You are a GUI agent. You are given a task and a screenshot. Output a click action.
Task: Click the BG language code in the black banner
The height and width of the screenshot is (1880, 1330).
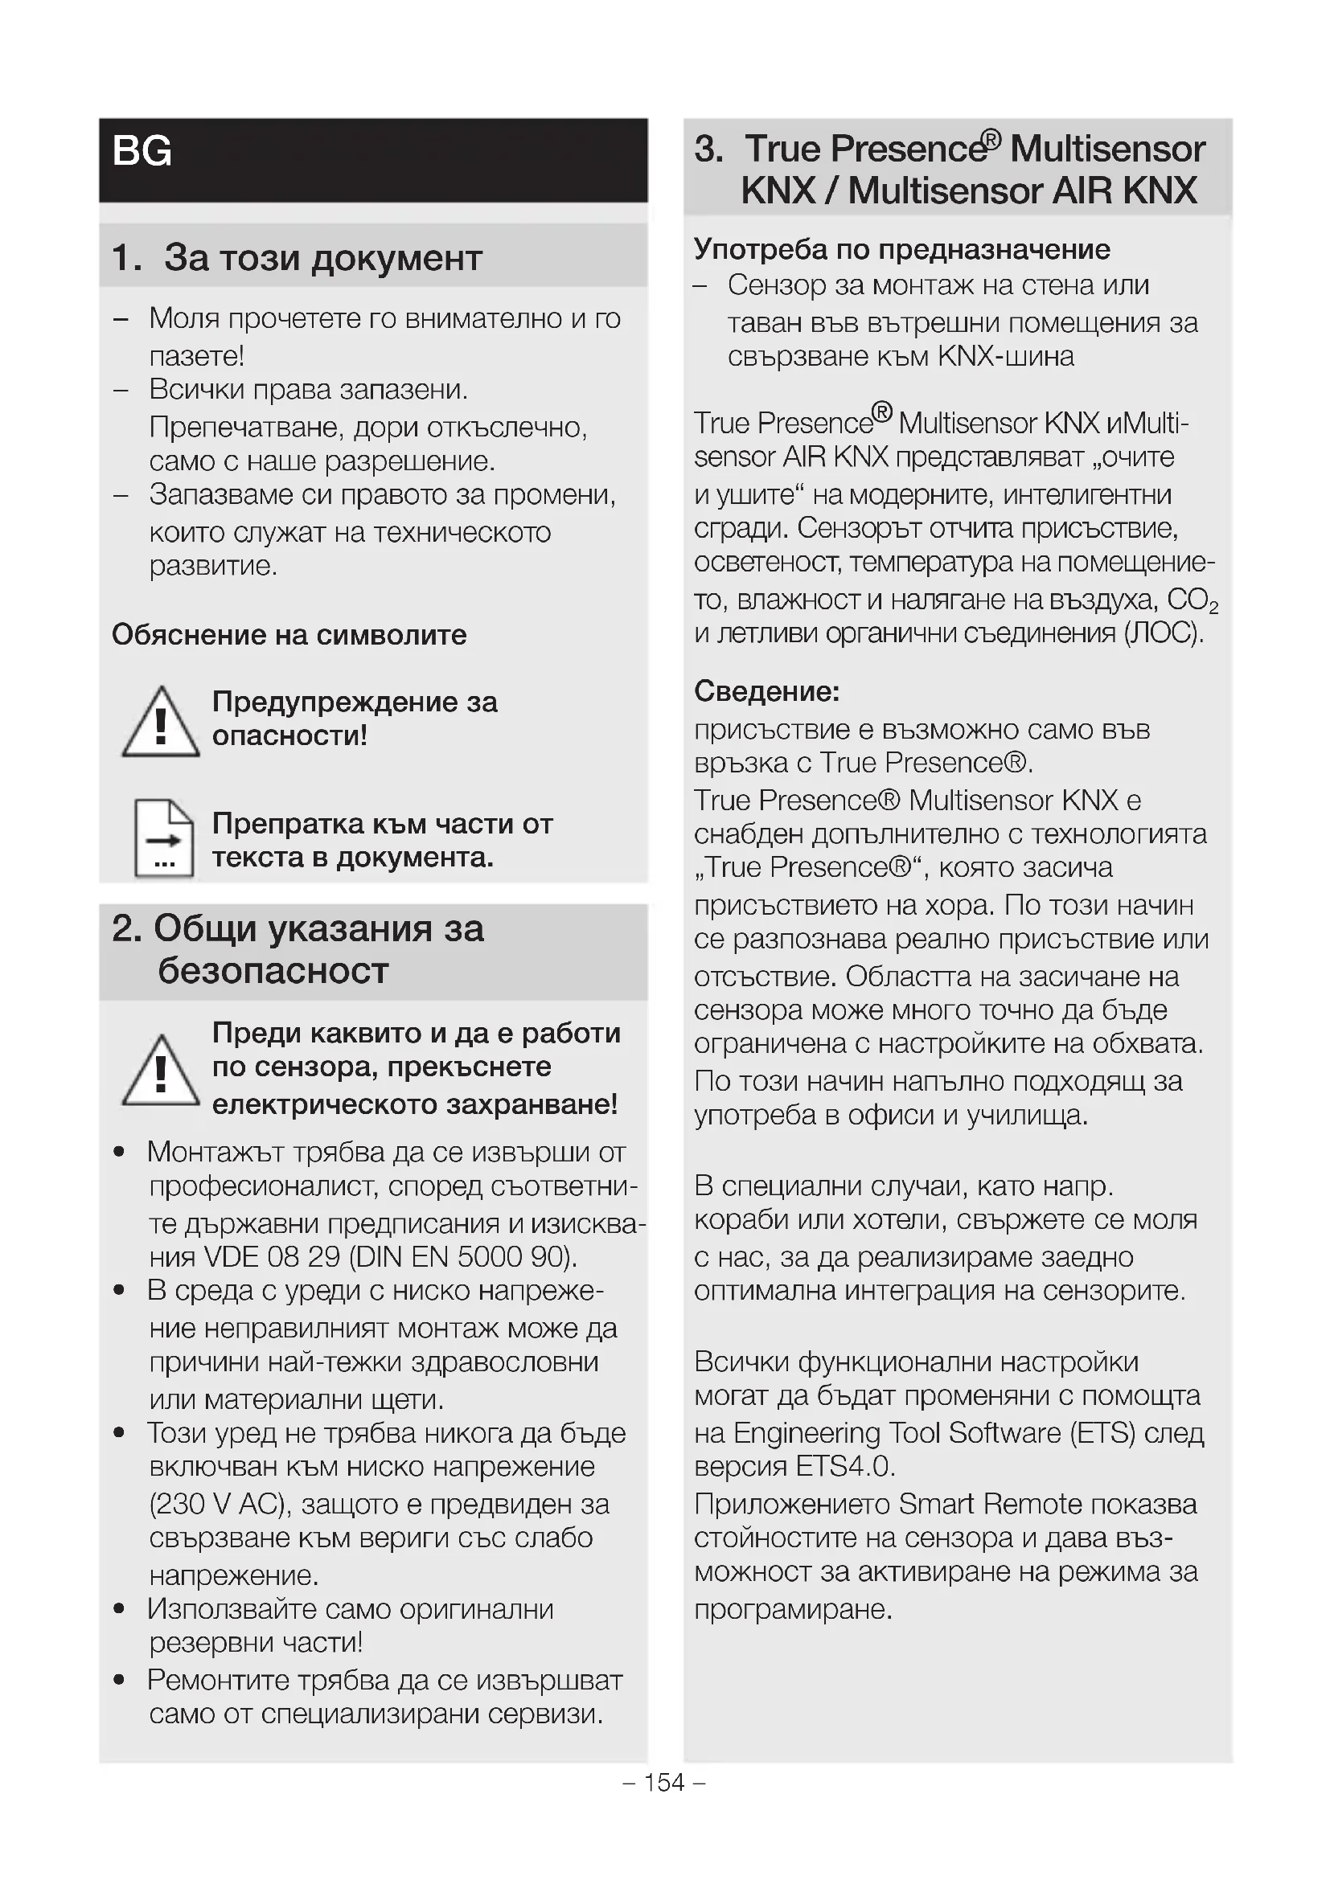[142, 151]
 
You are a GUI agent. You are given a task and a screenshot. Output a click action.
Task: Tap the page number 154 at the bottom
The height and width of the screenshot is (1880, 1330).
[663, 1783]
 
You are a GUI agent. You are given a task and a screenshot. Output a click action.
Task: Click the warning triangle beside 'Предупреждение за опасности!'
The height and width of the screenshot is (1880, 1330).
[161, 723]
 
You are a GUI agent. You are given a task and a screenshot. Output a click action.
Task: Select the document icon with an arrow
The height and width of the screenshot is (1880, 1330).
[164, 838]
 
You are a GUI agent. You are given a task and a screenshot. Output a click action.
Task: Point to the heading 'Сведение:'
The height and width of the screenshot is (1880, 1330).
[766, 692]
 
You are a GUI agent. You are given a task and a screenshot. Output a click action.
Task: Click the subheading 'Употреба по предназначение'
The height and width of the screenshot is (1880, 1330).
[901, 249]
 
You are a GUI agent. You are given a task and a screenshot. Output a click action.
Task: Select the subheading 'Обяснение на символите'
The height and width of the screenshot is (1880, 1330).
[289, 635]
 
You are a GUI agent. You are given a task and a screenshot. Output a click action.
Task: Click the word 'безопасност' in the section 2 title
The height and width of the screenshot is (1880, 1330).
[273, 971]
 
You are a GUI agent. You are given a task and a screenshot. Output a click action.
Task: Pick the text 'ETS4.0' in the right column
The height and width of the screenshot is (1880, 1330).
[845, 1466]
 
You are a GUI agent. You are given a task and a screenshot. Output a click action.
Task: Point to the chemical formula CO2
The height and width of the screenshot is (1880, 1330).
[1192, 600]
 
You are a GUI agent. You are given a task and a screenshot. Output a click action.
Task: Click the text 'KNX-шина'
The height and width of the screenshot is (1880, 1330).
[1005, 356]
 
